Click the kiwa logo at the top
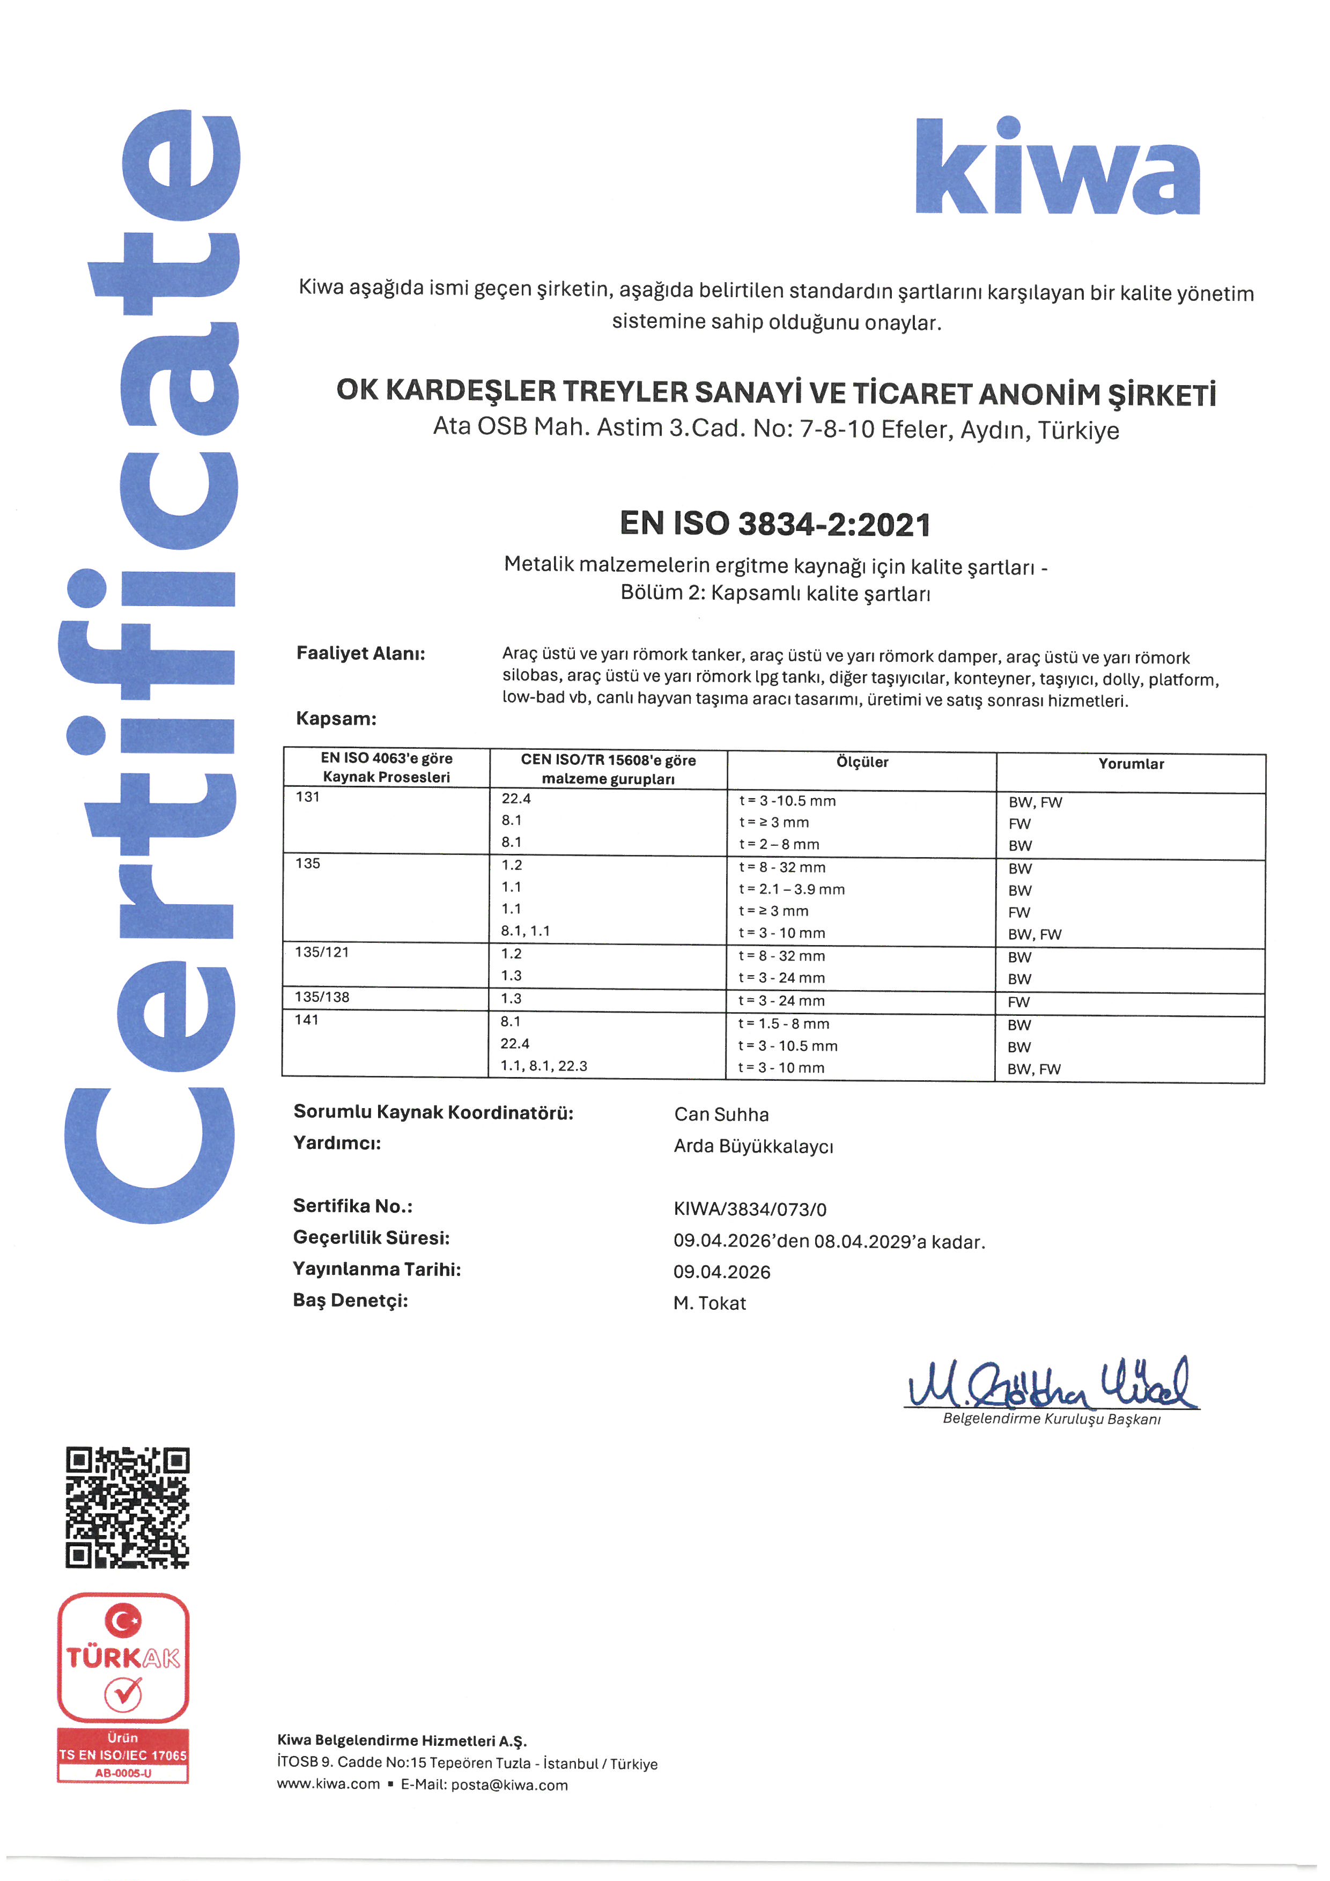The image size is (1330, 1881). tap(1056, 168)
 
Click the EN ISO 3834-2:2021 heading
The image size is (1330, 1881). tap(775, 525)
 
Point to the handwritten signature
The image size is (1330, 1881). tap(1052, 1383)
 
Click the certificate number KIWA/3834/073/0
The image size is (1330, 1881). tap(749, 1209)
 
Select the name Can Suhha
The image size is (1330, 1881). tap(721, 1114)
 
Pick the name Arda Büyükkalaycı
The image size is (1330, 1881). tap(753, 1146)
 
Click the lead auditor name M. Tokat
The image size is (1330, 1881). tap(709, 1303)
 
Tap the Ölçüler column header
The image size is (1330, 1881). tap(862, 762)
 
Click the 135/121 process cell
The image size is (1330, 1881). tap(322, 952)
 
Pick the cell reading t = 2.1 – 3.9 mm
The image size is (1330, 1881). tap(791, 889)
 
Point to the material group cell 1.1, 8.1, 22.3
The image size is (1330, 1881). tap(544, 1066)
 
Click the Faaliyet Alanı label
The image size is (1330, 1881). tap(360, 653)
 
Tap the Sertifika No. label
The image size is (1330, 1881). tap(352, 1206)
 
